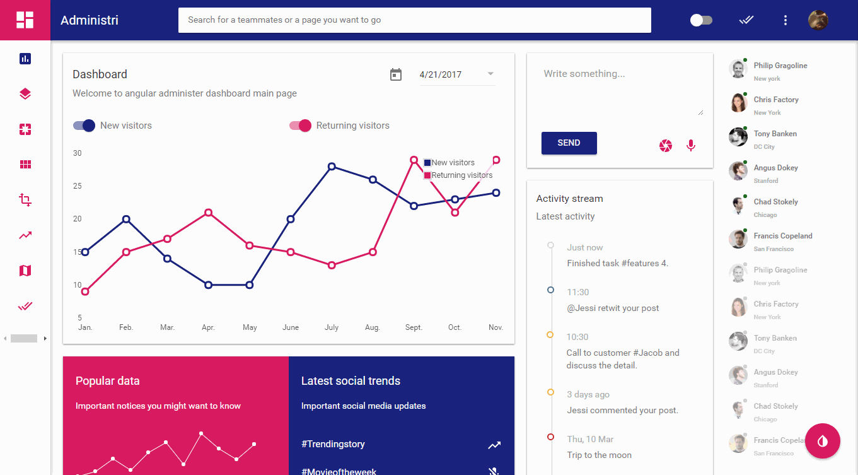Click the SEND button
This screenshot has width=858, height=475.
click(569, 143)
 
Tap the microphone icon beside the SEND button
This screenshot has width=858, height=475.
click(691, 146)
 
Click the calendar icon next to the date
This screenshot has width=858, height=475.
click(396, 74)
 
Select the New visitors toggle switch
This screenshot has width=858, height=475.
click(84, 126)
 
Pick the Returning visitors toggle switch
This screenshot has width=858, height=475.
click(301, 126)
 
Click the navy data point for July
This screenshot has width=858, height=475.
click(332, 167)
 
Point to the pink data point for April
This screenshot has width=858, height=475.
click(208, 213)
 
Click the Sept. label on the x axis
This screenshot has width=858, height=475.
click(414, 327)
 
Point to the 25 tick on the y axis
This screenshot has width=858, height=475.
click(77, 186)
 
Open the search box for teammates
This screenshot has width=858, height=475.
click(414, 20)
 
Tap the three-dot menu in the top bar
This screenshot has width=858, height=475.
click(786, 20)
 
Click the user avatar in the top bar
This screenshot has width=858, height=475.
click(818, 20)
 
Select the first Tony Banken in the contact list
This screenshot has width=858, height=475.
click(775, 134)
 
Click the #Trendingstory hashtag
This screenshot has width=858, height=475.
click(333, 444)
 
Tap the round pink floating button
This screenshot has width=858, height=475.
click(823, 440)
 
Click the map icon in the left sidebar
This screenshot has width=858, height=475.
click(25, 271)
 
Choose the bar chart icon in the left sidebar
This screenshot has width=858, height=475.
click(25, 59)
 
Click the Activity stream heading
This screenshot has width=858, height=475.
click(569, 199)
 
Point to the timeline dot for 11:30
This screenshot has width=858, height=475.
click(551, 290)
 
